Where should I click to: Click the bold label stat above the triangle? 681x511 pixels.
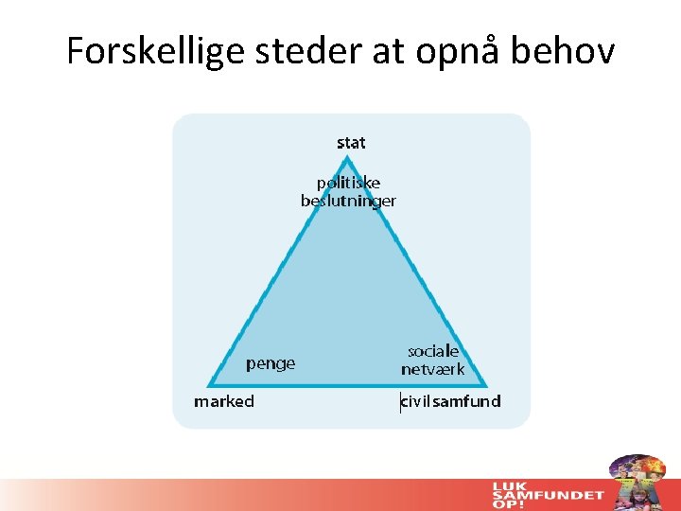tap(351, 143)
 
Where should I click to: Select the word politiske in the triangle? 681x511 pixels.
tap(348, 183)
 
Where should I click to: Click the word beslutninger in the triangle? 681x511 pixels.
tap(348, 201)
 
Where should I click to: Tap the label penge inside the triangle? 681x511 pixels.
tap(271, 363)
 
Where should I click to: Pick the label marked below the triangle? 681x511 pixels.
tap(224, 401)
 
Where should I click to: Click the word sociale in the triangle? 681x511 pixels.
tap(433, 351)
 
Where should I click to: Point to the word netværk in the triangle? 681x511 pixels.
tap(433, 369)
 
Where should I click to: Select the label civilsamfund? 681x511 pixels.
tap(451, 401)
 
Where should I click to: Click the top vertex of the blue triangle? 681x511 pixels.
tap(348, 159)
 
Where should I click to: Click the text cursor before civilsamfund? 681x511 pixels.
tap(400, 401)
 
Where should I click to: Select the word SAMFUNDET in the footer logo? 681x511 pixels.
tap(548, 495)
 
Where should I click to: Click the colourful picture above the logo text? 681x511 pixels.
tap(636, 472)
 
